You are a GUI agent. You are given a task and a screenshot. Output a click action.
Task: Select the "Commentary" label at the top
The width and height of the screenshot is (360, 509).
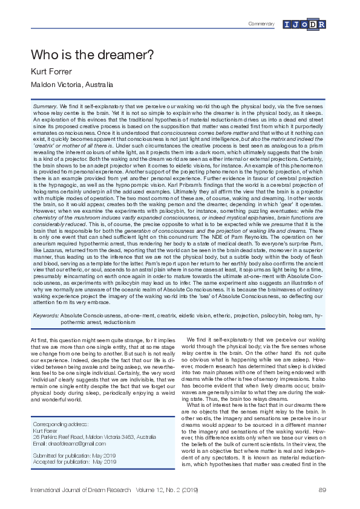coord(262,24)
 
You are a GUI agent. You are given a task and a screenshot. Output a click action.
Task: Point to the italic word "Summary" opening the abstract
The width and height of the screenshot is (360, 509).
coord(45,106)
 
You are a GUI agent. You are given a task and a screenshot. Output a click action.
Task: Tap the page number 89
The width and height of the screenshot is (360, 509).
coord(322,489)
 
